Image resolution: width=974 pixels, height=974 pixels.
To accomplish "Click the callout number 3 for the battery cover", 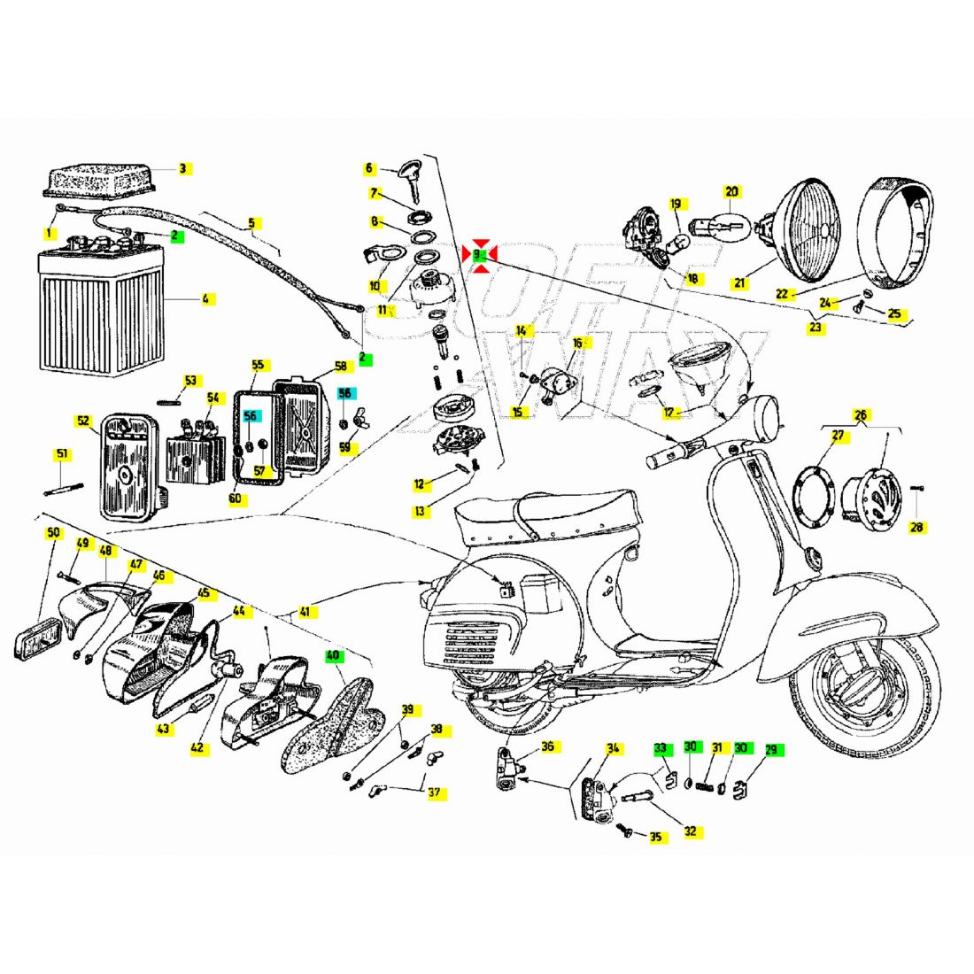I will tap(182, 168).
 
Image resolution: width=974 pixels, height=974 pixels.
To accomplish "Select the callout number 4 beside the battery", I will tap(205, 299).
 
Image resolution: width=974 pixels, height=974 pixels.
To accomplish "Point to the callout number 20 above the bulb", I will tap(731, 191).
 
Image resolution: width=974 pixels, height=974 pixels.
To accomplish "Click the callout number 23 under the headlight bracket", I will tap(815, 328).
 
